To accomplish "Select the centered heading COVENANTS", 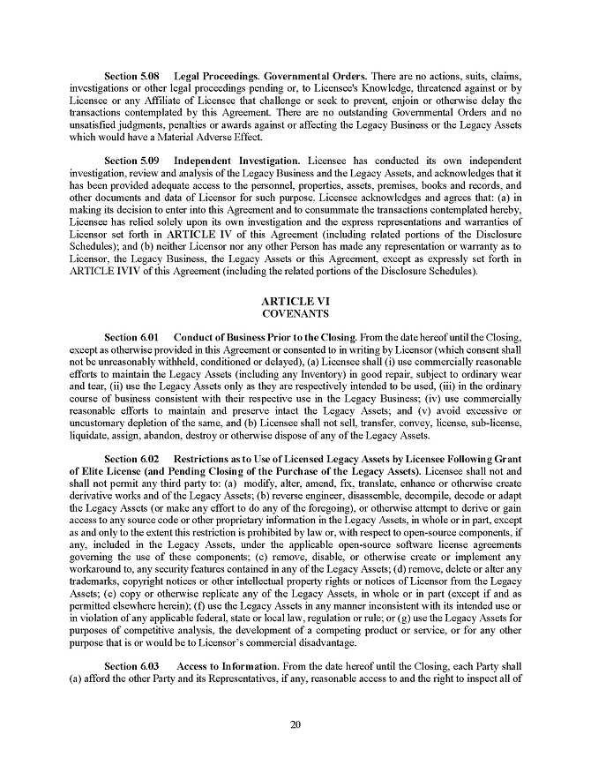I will coord(295,313).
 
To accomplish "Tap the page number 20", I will coord(295,725).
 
